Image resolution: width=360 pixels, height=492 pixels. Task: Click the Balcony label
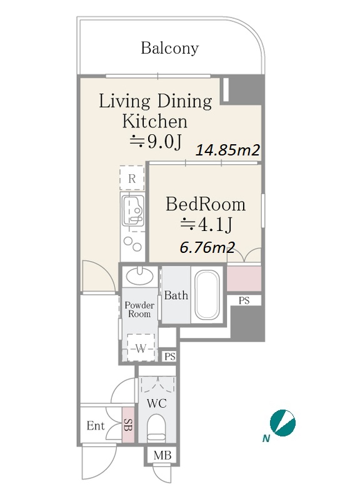pos(169,49)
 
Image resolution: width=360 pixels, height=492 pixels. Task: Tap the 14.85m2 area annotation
pos(228,150)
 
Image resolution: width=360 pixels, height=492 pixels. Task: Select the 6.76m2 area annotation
pos(207,248)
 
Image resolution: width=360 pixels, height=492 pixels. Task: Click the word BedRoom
pos(206,204)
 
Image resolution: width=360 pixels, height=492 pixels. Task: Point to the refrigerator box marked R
pos(132,177)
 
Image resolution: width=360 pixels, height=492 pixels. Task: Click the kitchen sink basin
pos(133,210)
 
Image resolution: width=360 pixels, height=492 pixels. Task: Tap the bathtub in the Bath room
pos(207,295)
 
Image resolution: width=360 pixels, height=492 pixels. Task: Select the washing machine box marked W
pos(141,347)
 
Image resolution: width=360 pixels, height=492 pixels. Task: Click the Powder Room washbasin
pos(139,276)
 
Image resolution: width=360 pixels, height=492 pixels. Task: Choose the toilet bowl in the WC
pos(156,428)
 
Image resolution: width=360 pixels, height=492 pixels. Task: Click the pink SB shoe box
pos(128,425)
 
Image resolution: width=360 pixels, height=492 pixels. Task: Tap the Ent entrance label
pos(96,426)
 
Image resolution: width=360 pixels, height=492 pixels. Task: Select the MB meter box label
pos(162,455)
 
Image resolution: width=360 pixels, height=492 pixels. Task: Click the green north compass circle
pos(282,422)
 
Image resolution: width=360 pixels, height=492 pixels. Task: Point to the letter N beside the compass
pos(266,438)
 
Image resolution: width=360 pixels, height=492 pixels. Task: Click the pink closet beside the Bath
pos(244,278)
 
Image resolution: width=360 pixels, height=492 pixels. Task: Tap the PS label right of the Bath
pos(244,300)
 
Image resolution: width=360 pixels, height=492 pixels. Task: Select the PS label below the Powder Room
pos(170,357)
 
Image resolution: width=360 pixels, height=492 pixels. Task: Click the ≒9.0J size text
pos(156,142)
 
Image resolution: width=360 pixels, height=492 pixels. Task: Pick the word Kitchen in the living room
pos(154,121)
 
